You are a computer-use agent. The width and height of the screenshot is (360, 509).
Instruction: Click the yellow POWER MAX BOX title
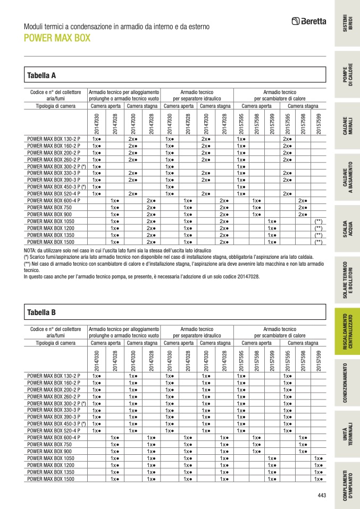(x=57, y=38)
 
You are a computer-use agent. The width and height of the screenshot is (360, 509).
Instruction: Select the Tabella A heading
(x=41, y=75)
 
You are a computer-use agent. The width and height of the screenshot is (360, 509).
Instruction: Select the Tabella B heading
(x=41, y=312)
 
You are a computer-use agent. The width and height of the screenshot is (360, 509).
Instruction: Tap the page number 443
(x=321, y=496)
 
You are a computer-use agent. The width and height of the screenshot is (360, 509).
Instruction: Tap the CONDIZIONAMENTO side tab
(x=347, y=383)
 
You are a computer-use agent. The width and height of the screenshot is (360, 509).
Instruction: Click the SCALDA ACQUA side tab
(x=347, y=230)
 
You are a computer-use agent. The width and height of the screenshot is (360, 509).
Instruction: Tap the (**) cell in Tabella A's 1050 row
(x=318, y=221)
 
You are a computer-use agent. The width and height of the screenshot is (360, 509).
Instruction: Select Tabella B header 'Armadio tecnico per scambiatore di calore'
(x=280, y=333)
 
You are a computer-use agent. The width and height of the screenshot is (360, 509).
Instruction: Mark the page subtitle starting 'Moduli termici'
(x=117, y=27)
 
